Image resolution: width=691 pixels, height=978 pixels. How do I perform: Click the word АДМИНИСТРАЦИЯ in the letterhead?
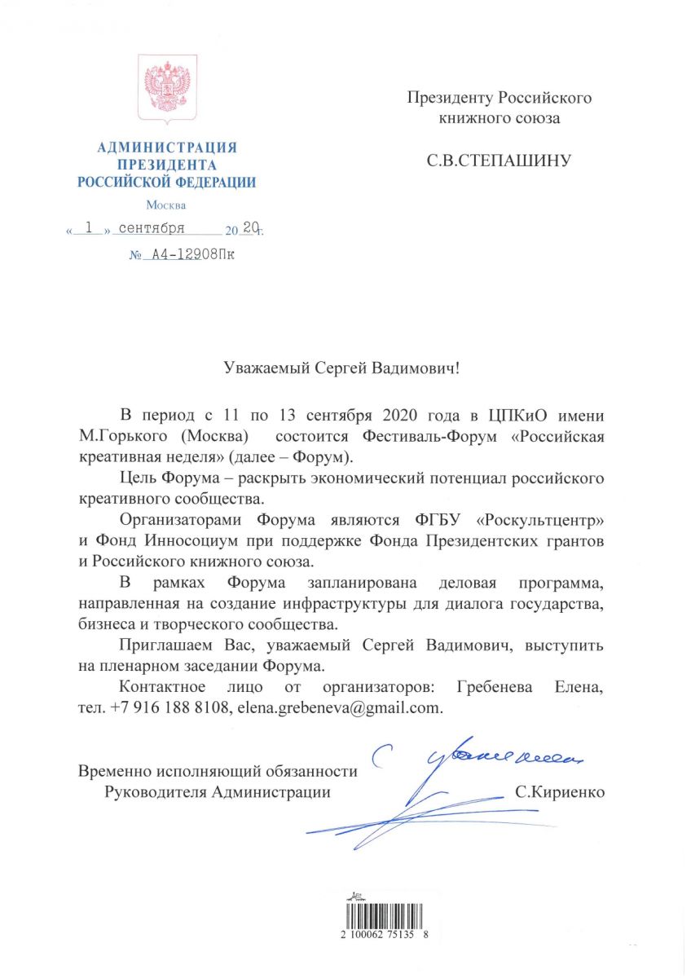(166, 148)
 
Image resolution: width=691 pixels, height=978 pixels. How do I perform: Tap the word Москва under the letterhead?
(166, 205)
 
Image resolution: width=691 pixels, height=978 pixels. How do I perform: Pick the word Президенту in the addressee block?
(447, 99)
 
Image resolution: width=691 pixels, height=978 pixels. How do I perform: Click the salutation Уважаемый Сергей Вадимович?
(342, 368)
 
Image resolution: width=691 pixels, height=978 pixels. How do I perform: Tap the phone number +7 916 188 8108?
(168, 708)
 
